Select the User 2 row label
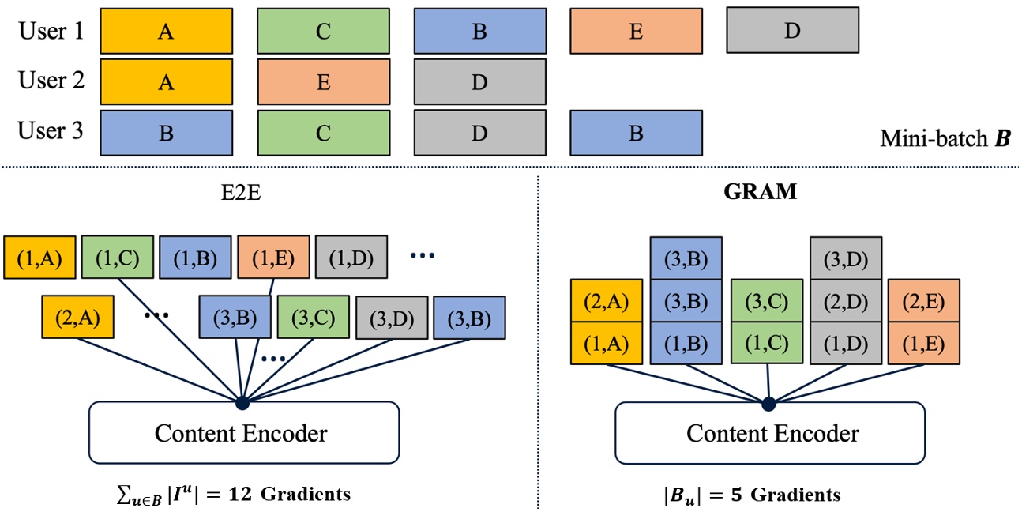(x=51, y=81)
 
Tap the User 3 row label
(x=51, y=131)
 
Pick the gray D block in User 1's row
(x=792, y=30)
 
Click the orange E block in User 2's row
(x=323, y=81)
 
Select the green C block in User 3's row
(x=323, y=133)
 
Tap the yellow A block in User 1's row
(x=166, y=30)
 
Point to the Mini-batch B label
(x=945, y=141)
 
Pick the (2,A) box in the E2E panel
(x=77, y=318)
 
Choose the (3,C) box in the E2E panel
(x=312, y=318)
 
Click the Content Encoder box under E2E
(x=242, y=432)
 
